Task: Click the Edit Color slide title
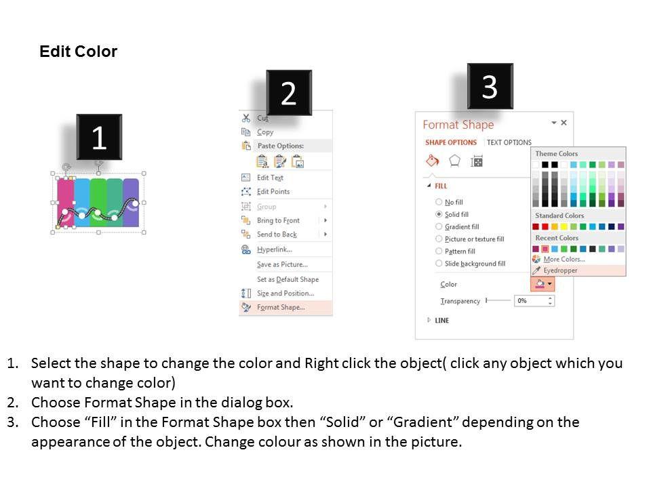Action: tap(78, 52)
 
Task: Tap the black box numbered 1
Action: tap(99, 137)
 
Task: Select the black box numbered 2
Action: tap(289, 93)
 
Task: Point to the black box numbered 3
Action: tap(490, 86)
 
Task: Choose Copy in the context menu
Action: tap(265, 132)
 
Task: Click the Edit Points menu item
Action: tap(273, 191)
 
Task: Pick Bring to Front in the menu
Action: tap(278, 220)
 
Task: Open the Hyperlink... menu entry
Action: tap(275, 249)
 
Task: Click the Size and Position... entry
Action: tap(285, 293)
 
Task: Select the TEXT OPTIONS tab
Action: tap(509, 142)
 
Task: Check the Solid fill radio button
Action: tap(439, 214)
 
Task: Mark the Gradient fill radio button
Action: tap(439, 226)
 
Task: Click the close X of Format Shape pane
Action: tap(564, 123)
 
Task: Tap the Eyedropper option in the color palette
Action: tap(560, 270)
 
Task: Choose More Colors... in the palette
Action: tap(564, 259)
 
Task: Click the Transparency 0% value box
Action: tap(534, 301)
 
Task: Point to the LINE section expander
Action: tap(429, 320)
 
